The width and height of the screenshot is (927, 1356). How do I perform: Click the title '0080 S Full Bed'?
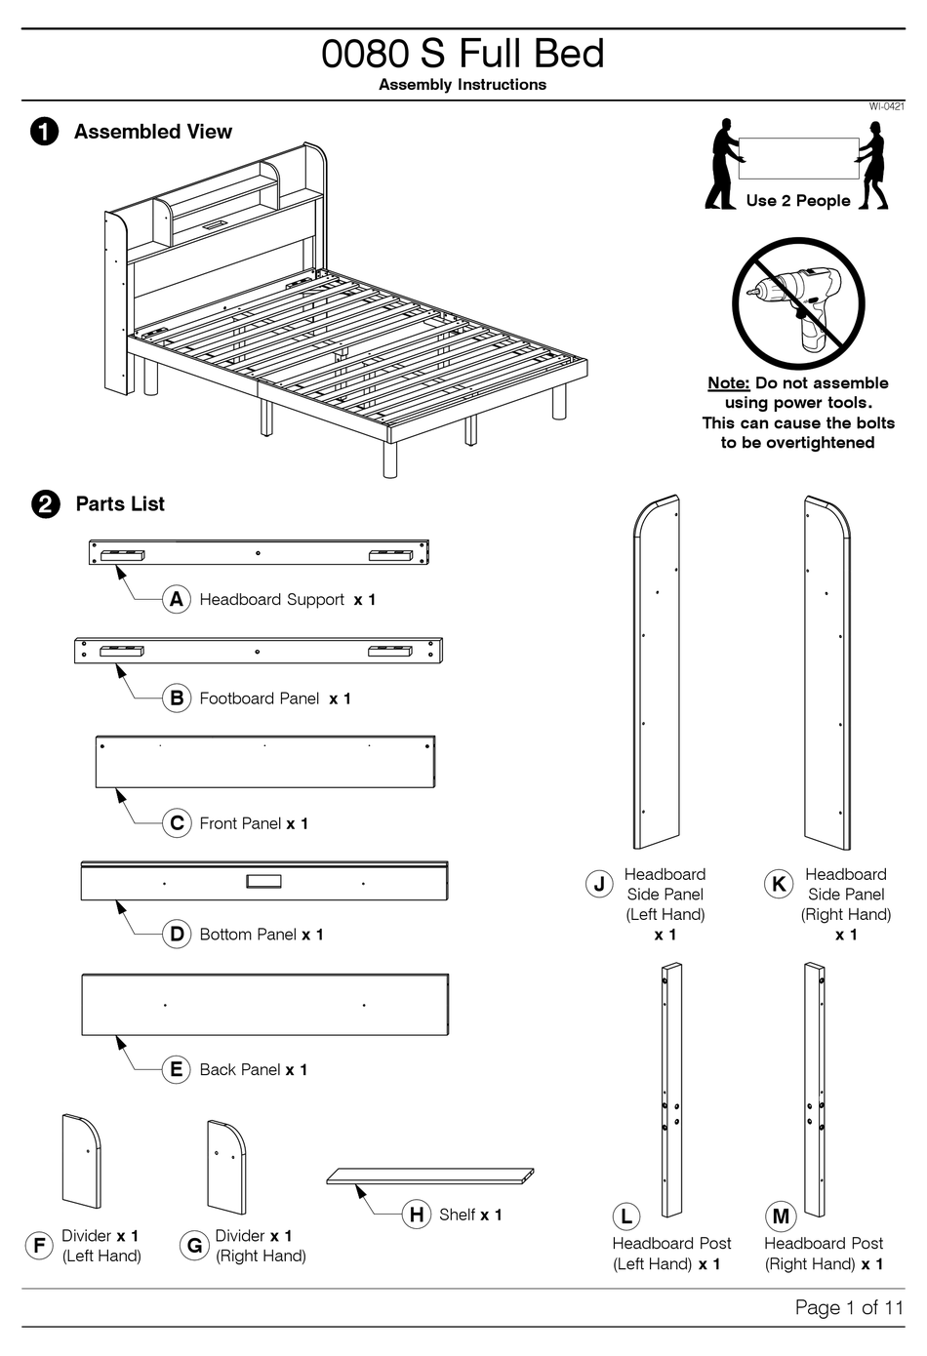click(463, 54)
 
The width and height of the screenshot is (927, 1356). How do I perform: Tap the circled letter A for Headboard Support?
click(176, 599)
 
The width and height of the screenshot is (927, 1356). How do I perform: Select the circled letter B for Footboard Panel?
click(176, 698)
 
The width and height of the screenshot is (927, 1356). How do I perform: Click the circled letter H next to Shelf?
click(417, 1215)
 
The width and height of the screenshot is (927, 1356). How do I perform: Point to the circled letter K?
click(779, 885)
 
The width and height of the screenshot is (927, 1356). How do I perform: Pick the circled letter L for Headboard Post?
click(625, 1216)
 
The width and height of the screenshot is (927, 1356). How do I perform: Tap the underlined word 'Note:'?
click(728, 383)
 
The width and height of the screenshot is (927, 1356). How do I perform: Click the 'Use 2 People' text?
click(797, 201)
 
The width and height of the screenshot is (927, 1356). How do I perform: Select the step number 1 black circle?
click(44, 132)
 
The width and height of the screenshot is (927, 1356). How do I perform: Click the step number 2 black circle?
click(46, 504)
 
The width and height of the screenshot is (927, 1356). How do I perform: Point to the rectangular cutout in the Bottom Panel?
click(263, 881)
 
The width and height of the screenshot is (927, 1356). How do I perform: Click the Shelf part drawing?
click(430, 1176)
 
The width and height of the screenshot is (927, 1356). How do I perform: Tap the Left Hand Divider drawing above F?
click(81, 1161)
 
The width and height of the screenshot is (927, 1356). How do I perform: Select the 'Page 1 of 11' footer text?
click(849, 1307)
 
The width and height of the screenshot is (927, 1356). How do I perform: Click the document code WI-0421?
click(886, 106)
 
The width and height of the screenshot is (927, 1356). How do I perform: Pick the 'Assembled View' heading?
click(153, 132)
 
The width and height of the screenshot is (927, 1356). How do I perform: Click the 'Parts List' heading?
click(120, 504)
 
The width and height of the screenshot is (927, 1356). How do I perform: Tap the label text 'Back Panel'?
click(240, 1070)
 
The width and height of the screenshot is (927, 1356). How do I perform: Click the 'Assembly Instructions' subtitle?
click(463, 85)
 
